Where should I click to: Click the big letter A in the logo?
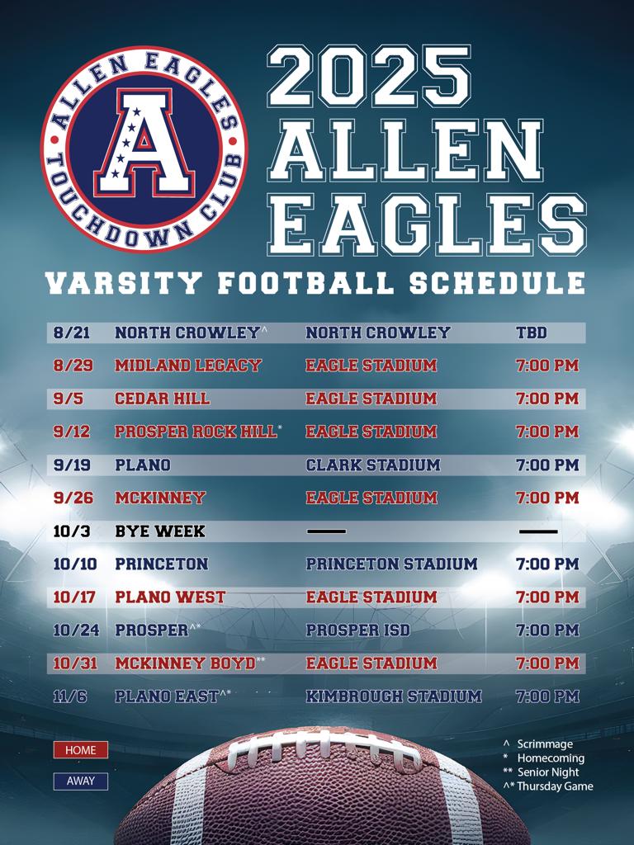tap(144, 143)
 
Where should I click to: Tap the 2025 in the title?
tap(369, 77)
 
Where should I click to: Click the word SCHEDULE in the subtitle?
tap(497, 284)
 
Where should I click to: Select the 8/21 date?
tap(72, 333)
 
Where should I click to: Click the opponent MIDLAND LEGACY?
tap(187, 366)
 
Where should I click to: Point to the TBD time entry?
tap(532, 333)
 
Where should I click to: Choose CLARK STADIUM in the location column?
tap(373, 465)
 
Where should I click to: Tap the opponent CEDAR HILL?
tap(163, 399)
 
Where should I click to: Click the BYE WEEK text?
tap(160, 531)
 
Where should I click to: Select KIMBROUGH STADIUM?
tap(394, 696)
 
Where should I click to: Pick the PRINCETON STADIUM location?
tap(392, 564)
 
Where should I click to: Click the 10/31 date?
tap(75, 663)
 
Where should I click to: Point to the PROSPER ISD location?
tap(358, 630)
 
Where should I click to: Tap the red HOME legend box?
tap(81, 750)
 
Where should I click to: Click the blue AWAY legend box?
tap(81, 781)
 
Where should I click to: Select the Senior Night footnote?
tap(543, 772)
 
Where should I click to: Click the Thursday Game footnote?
tap(548, 786)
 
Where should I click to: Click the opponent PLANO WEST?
tap(170, 597)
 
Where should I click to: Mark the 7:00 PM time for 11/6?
tap(548, 696)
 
